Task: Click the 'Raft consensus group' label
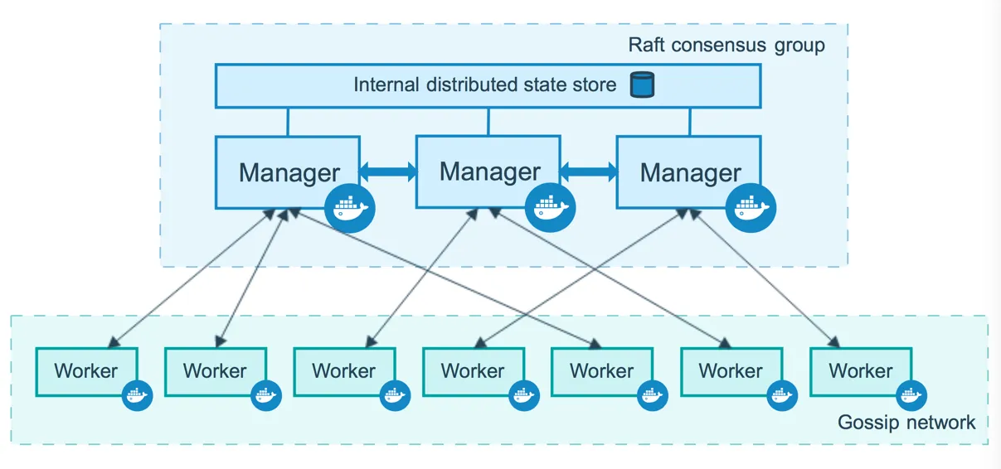tap(726, 45)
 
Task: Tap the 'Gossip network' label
tap(906, 423)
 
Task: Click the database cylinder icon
tap(641, 85)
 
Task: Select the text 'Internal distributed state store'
tap(485, 85)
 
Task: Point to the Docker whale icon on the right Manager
tap(751, 208)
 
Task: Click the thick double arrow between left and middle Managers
tap(387, 172)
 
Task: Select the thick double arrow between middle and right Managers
tap(588, 172)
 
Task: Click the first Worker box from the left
tap(86, 371)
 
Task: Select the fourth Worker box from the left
tap(473, 371)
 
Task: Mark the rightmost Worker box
tap(860, 371)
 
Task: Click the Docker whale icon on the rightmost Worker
tap(910, 396)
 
